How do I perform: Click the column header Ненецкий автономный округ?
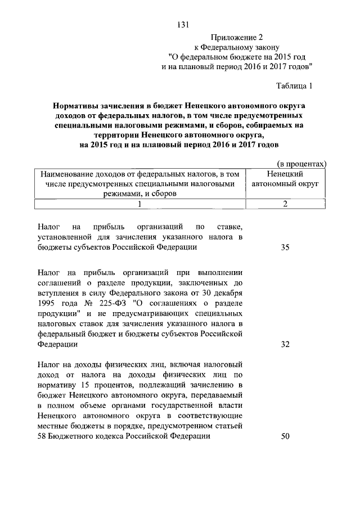(x=285, y=179)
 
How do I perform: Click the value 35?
(x=285, y=247)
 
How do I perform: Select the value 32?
(x=285, y=344)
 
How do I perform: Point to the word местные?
(x=54, y=426)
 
